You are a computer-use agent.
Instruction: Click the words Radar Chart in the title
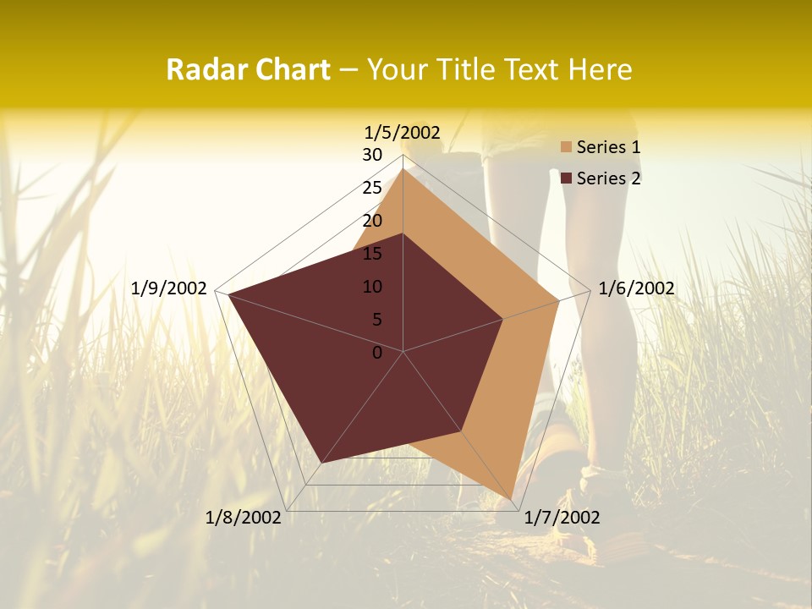tap(248, 70)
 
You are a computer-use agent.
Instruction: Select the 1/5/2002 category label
tap(402, 133)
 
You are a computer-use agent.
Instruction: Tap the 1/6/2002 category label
tap(636, 288)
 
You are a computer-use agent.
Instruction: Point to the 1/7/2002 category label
tap(562, 518)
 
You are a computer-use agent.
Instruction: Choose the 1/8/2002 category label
tap(244, 518)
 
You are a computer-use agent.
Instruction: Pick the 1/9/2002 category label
tap(169, 288)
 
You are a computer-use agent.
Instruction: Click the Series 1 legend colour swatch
tap(566, 148)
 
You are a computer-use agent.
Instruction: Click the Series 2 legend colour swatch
tap(566, 178)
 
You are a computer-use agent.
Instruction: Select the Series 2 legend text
tap(608, 178)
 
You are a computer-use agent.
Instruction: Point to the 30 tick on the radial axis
tap(372, 155)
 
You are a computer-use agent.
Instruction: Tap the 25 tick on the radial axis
tap(372, 188)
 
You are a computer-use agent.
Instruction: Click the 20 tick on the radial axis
tap(372, 221)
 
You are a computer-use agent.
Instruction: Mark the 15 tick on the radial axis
tap(372, 254)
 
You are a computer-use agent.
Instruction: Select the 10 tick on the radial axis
tap(372, 287)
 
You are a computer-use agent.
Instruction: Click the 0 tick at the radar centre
tap(377, 353)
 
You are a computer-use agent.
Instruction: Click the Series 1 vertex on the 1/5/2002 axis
tap(403, 169)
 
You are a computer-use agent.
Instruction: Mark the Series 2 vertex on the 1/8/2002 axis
tap(322, 463)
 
